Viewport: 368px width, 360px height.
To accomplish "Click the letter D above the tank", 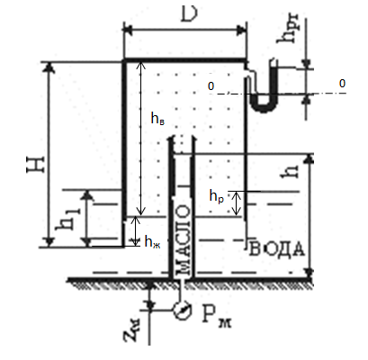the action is (x=190, y=14).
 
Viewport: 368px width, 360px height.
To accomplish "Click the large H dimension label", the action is (x=36, y=164).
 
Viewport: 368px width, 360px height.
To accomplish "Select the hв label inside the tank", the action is (x=157, y=119).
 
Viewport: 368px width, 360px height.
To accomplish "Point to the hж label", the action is (x=152, y=241).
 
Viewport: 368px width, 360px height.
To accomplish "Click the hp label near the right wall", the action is (x=217, y=197).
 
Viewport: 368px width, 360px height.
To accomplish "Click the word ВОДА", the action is (x=276, y=248).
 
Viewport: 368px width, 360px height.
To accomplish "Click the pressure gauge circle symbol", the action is (x=183, y=310).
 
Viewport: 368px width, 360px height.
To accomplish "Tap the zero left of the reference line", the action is (x=211, y=86).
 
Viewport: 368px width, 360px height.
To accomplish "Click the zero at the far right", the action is (x=342, y=84).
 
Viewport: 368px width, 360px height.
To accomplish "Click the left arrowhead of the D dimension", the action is (x=128, y=30).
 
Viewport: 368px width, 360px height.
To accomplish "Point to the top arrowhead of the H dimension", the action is (x=49, y=67).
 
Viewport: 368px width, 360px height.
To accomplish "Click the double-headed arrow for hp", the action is (x=237, y=203).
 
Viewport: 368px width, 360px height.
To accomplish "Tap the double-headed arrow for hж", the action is (x=136, y=231).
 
